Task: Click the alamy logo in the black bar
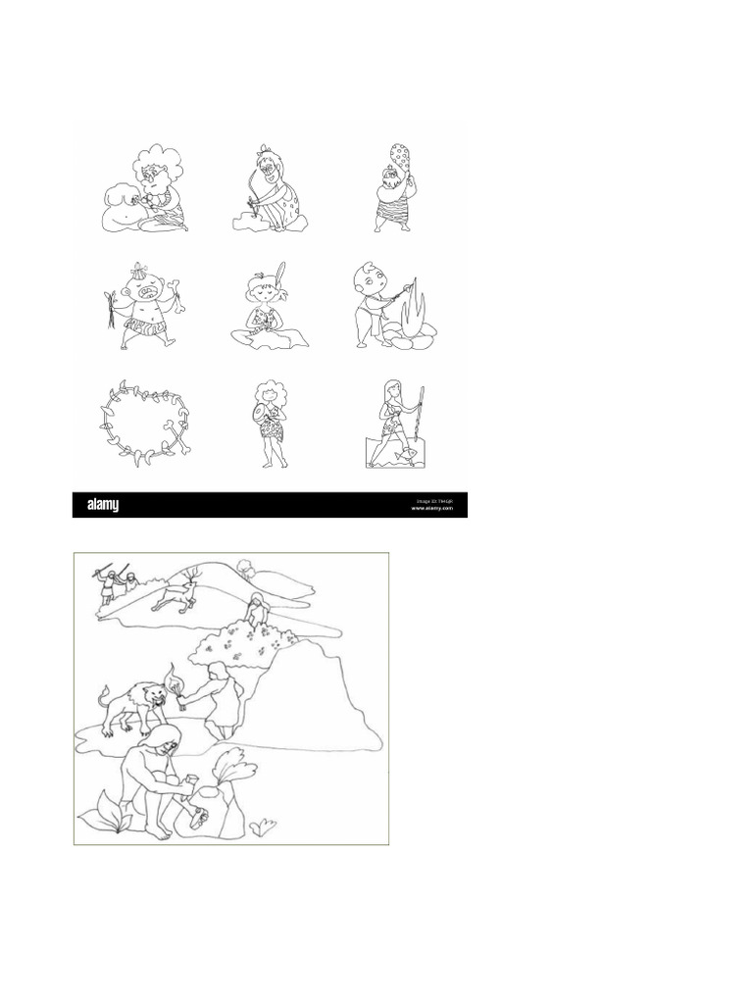coord(103,505)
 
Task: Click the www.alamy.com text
coord(431,509)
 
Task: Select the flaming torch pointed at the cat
coord(177,682)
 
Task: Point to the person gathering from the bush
coord(256,610)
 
